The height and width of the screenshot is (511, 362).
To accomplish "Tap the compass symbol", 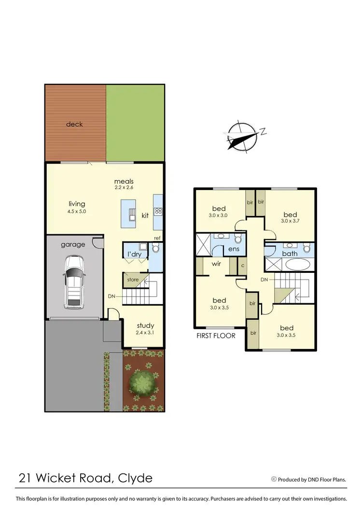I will pos(241,135).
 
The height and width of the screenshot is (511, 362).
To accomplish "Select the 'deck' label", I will pos(74,124).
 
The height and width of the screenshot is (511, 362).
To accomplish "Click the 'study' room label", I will pos(145,325).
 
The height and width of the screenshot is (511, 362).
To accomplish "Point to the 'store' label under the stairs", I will pos(133,280).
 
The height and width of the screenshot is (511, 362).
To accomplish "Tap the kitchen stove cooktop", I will pos(158,211).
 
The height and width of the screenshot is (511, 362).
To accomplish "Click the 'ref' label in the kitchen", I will pos(157,238).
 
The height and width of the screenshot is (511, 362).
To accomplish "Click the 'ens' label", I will pos(234,249).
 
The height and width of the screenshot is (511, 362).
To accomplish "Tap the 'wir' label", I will pos(216,264).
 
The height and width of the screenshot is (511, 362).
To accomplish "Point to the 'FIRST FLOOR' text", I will pos(216,335).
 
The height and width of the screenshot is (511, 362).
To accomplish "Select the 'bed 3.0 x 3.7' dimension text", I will pos(290,221).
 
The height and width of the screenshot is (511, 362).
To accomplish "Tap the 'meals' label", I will pos(124,181).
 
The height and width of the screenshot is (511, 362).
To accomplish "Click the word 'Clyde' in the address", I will pos(135,478).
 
